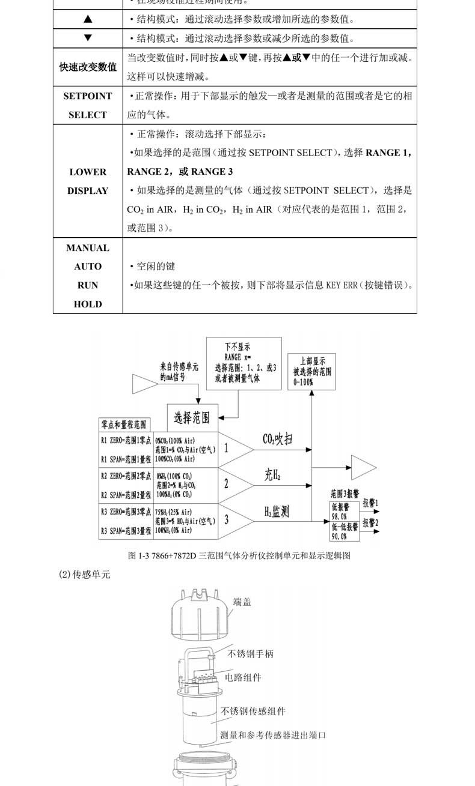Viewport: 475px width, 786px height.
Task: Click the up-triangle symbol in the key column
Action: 88,19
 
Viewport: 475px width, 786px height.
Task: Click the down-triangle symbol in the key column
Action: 88,38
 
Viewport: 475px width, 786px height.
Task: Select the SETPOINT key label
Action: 88,96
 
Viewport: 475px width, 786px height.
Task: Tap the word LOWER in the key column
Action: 88,172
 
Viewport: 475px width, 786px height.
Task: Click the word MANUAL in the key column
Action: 88,248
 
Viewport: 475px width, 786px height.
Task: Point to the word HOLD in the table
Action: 88,304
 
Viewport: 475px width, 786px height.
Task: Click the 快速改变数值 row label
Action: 88,67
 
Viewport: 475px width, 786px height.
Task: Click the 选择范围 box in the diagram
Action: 192,417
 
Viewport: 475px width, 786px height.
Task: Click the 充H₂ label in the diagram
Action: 272,476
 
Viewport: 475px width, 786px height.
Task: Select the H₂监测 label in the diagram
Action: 277,512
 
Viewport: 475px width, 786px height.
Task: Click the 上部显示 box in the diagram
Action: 312,372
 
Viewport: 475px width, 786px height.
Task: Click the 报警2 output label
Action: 370,522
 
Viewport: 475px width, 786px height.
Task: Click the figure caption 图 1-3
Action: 239,555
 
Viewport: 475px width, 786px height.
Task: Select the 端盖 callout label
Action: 242,602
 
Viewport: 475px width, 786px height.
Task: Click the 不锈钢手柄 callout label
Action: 251,653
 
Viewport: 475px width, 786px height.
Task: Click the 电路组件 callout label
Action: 243,677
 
